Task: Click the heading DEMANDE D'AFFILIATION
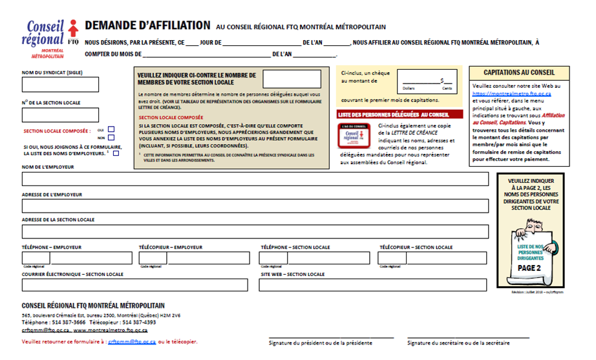147,26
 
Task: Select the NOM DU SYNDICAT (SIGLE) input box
60,85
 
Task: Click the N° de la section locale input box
60,115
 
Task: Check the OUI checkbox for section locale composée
111,129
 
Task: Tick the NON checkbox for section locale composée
111,138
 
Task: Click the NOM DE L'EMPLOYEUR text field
255,179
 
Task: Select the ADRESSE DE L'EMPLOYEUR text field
255,206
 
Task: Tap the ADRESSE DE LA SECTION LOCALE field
255,231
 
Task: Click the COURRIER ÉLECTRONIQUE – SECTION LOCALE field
134,285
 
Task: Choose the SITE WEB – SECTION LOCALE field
374,285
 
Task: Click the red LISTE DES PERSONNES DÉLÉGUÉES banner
400,114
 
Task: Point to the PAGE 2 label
530,268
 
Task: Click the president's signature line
331,337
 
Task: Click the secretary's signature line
468,337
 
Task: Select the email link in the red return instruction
132,341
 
